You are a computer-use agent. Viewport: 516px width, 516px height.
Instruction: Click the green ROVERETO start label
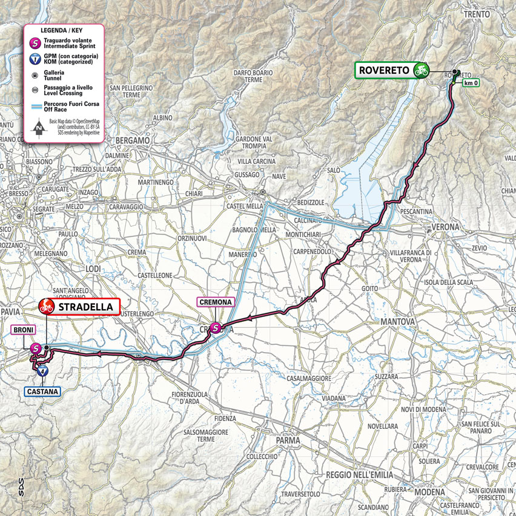(x=384, y=70)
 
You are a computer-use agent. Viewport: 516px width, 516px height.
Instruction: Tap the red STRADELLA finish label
(x=84, y=307)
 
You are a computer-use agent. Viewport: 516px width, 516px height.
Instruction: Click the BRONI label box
(x=22, y=330)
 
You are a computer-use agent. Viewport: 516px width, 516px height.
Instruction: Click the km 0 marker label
(x=471, y=82)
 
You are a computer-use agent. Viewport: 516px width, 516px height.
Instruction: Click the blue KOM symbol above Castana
(x=42, y=372)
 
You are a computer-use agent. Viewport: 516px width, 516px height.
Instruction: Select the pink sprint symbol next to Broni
(x=36, y=348)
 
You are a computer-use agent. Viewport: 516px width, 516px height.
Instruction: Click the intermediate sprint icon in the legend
(x=38, y=43)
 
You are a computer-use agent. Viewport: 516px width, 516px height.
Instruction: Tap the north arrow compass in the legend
(x=38, y=127)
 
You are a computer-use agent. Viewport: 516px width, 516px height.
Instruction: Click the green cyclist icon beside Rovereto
(x=420, y=70)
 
